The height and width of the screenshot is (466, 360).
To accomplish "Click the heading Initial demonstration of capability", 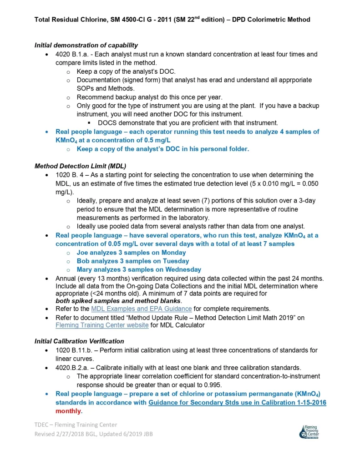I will click(x=86, y=45).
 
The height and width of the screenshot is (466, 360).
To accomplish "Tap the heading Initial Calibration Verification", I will click(x=79, y=341).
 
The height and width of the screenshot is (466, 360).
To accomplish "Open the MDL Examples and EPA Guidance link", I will click(x=142, y=308).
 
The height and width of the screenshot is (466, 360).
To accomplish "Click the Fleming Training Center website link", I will click(x=102, y=325).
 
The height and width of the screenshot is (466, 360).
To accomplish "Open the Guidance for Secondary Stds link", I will click(x=237, y=403).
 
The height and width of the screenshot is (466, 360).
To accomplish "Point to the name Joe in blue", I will click(x=82, y=253).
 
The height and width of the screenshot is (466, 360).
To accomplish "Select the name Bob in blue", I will click(x=83, y=261).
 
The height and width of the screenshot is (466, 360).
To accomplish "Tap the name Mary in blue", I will click(x=85, y=270).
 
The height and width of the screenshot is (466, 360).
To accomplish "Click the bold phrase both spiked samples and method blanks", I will click(x=118, y=300).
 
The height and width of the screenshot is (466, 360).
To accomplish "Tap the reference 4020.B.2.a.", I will click(x=74, y=367).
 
